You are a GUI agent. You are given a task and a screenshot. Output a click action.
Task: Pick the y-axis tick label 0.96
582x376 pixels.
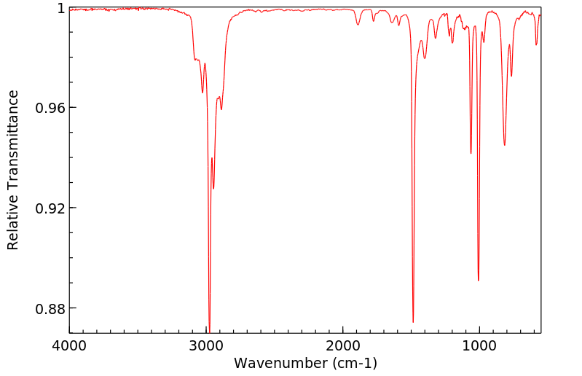[52, 108]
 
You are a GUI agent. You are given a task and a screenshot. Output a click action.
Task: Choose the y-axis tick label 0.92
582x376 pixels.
[52, 208]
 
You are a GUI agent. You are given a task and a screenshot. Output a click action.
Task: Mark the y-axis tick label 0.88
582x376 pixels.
[52, 308]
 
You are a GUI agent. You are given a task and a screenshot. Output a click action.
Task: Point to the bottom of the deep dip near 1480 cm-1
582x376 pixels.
[413, 321]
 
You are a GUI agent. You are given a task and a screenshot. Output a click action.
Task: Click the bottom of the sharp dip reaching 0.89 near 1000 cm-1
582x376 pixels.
[478, 280]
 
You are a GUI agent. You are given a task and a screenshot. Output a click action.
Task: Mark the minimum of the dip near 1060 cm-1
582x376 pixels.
[471, 153]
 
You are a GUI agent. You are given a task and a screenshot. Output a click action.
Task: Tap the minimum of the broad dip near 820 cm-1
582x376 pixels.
[504, 145]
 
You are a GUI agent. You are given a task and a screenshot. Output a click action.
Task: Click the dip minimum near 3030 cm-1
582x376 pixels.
[202, 93]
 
